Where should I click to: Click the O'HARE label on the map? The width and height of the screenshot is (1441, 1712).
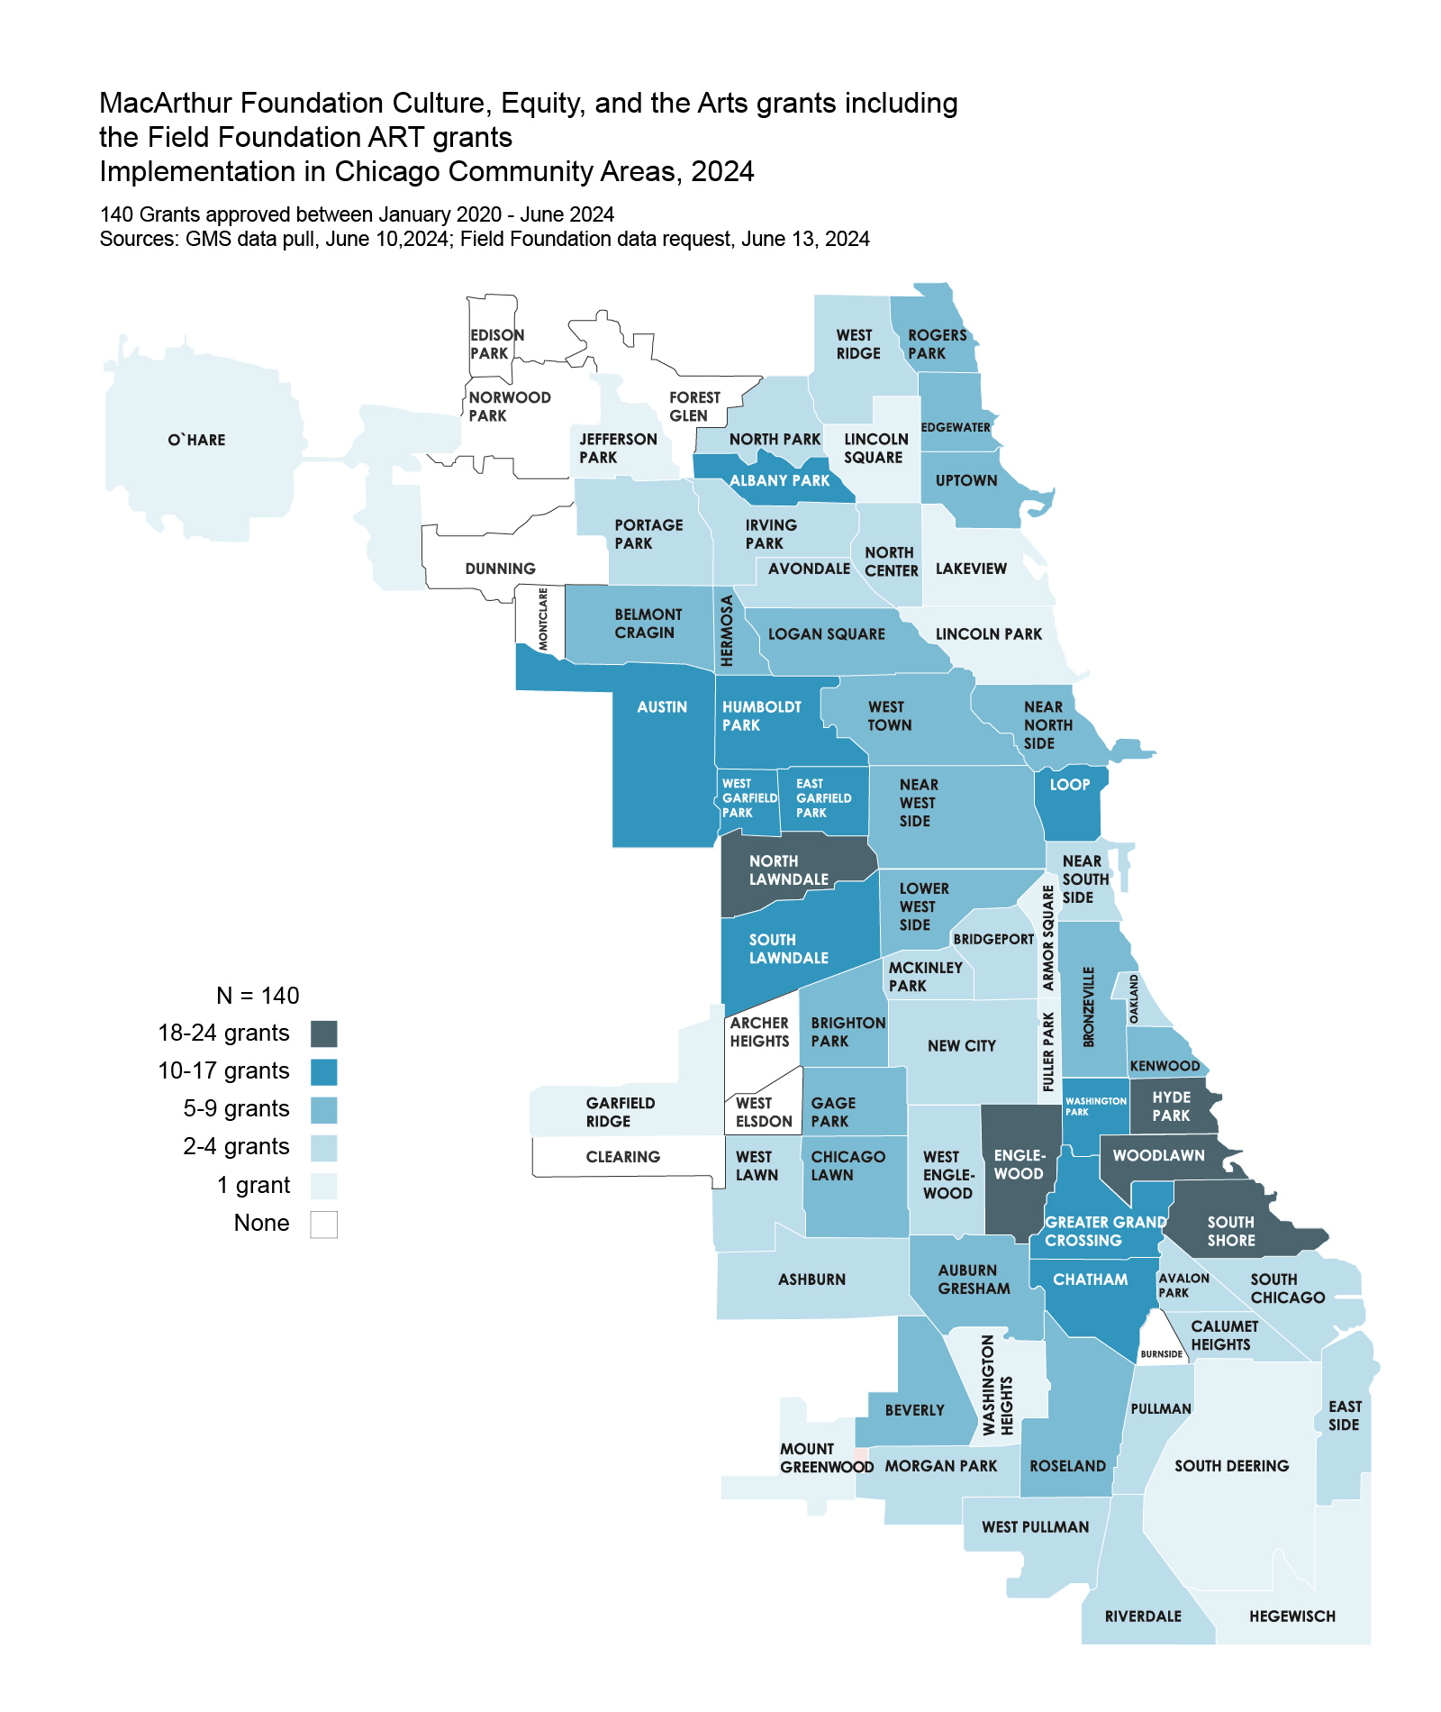(x=196, y=440)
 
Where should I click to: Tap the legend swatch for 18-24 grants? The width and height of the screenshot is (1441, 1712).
(x=323, y=1034)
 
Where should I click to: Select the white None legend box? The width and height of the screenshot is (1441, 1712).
(x=323, y=1224)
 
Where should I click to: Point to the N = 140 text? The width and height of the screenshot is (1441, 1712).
(x=258, y=996)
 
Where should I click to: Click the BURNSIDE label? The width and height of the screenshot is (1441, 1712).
(x=1161, y=1353)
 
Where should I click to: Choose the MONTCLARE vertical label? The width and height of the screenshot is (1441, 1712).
(x=543, y=618)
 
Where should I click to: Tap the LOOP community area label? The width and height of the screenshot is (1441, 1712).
(x=1069, y=785)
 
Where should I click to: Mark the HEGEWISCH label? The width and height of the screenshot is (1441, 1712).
(x=1291, y=1616)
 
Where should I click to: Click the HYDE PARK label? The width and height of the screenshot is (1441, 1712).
(x=1171, y=1106)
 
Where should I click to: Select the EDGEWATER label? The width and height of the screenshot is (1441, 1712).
(x=956, y=427)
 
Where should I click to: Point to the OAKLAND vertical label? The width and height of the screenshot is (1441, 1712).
(x=1134, y=997)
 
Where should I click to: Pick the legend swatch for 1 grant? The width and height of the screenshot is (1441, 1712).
(x=323, y=1186)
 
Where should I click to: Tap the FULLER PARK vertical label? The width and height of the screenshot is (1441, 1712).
(x=1047, y=1052)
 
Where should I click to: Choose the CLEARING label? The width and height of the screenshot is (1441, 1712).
(x=622, y=1156)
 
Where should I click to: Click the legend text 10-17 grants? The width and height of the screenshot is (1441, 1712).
(x=223, y=1071)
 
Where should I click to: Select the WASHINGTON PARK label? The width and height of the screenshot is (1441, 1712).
(x=1094, y=1106)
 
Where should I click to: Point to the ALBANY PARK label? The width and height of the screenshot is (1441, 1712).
(x=779, y=480)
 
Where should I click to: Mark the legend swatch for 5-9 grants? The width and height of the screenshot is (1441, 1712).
(x=323, y=1110)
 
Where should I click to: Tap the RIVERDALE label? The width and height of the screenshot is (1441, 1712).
(x=1143, y=1616)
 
